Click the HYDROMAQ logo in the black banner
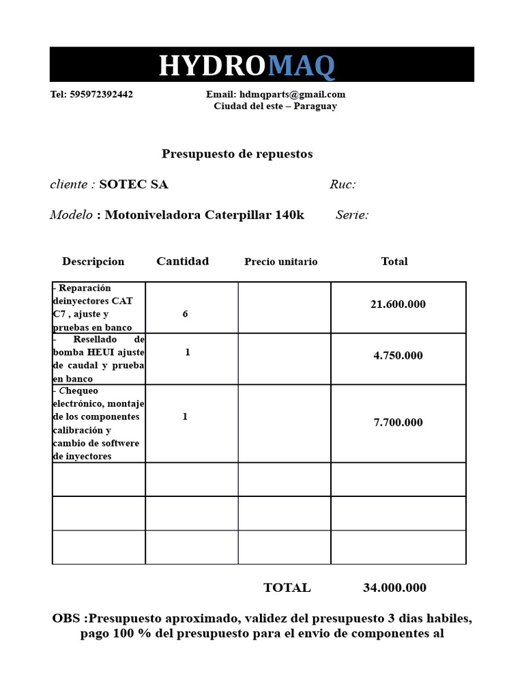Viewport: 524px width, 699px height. (x=247, y=66)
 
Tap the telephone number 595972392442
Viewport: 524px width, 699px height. (x=101, y=94)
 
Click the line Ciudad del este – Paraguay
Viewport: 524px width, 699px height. (x=275, y=106)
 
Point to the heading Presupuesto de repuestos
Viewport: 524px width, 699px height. (x=237, y=154)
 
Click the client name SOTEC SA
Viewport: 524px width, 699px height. (x=134, y=184)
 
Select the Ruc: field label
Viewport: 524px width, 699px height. (x=343, y=184)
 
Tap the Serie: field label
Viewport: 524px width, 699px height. (x=352, y=215)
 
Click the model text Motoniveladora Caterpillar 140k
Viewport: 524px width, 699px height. (x=204, y=215)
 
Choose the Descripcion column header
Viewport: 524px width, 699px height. (x=93, y=261)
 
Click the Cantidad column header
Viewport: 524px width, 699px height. (x=182, y=261)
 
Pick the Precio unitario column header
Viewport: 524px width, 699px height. (x=280, y=261)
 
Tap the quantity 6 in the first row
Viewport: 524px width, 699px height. (x=185, y=314)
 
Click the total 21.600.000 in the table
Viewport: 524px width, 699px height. (x=398, y=304)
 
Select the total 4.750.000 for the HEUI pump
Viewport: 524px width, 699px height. (x=398, y=356)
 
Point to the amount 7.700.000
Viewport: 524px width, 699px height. (x=398, y=423)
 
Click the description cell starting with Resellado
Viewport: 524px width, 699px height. (x=99, y=359)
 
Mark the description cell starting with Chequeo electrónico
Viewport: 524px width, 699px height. (x=98, y=423)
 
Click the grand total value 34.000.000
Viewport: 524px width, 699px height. (x=394, y=588)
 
